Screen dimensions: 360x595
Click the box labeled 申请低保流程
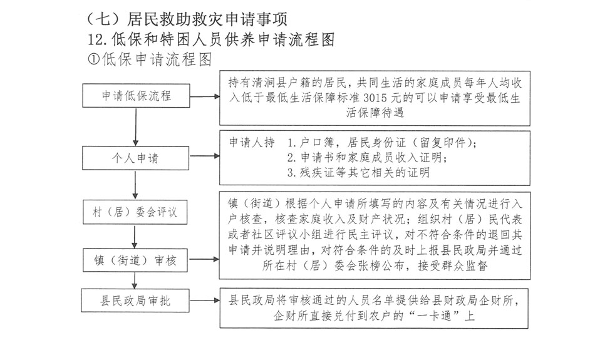click(x=137, y=96)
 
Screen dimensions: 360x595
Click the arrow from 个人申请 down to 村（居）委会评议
click(x=135, y=184)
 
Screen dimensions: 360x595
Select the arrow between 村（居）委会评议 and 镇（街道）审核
click(x=135, y=235)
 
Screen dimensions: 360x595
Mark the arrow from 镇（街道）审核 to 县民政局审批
click(x=135, y=279)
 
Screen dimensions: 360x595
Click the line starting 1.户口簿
click(x=383, y=142)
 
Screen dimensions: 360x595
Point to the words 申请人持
click(x=253, y=142)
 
